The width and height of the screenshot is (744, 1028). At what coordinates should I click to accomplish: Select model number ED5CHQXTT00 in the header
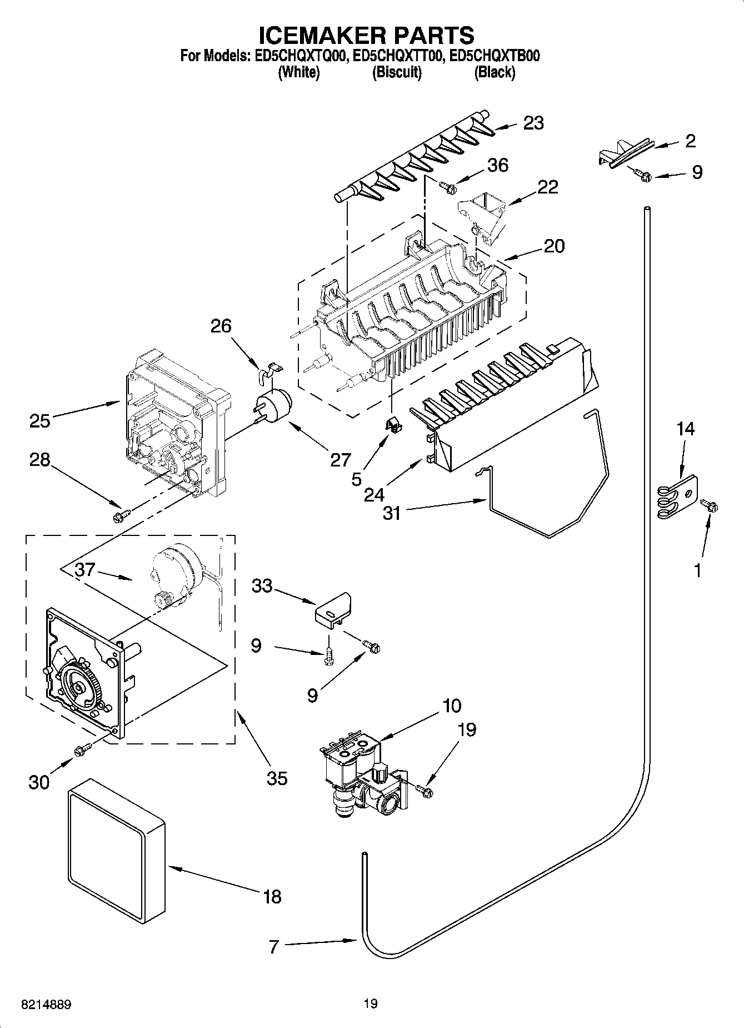click(397, 56)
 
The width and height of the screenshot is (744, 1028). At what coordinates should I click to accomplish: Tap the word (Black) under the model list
click(494, 72)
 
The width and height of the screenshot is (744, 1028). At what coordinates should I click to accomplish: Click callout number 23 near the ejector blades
click(533, 123)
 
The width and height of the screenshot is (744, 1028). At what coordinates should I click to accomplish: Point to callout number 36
click(497, 165)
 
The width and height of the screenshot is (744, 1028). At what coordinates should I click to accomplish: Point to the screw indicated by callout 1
click(710, 505)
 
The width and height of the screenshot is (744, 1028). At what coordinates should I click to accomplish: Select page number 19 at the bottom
click(371, 1004)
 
